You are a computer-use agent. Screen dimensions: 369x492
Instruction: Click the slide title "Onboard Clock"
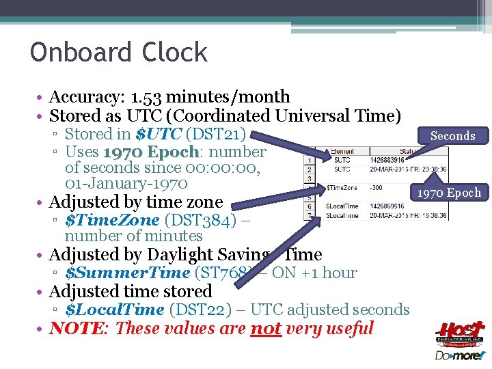(118, 53)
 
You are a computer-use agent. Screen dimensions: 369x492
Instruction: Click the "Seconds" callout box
(452, 136)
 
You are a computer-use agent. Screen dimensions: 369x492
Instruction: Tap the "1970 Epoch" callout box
(450, 193)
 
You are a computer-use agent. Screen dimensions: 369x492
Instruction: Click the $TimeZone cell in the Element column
(341, 187)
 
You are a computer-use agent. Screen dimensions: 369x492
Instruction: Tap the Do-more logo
(459, 356)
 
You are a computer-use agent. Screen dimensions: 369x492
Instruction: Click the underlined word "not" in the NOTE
(266, 328)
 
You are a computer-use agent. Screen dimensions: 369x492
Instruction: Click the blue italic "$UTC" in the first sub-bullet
(159, 134)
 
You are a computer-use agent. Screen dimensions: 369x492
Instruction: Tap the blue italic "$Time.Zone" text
(112, 219)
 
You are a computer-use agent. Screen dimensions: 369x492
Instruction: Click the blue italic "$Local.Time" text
(114, 310)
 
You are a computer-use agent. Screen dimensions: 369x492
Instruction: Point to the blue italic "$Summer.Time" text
(127, 273)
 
